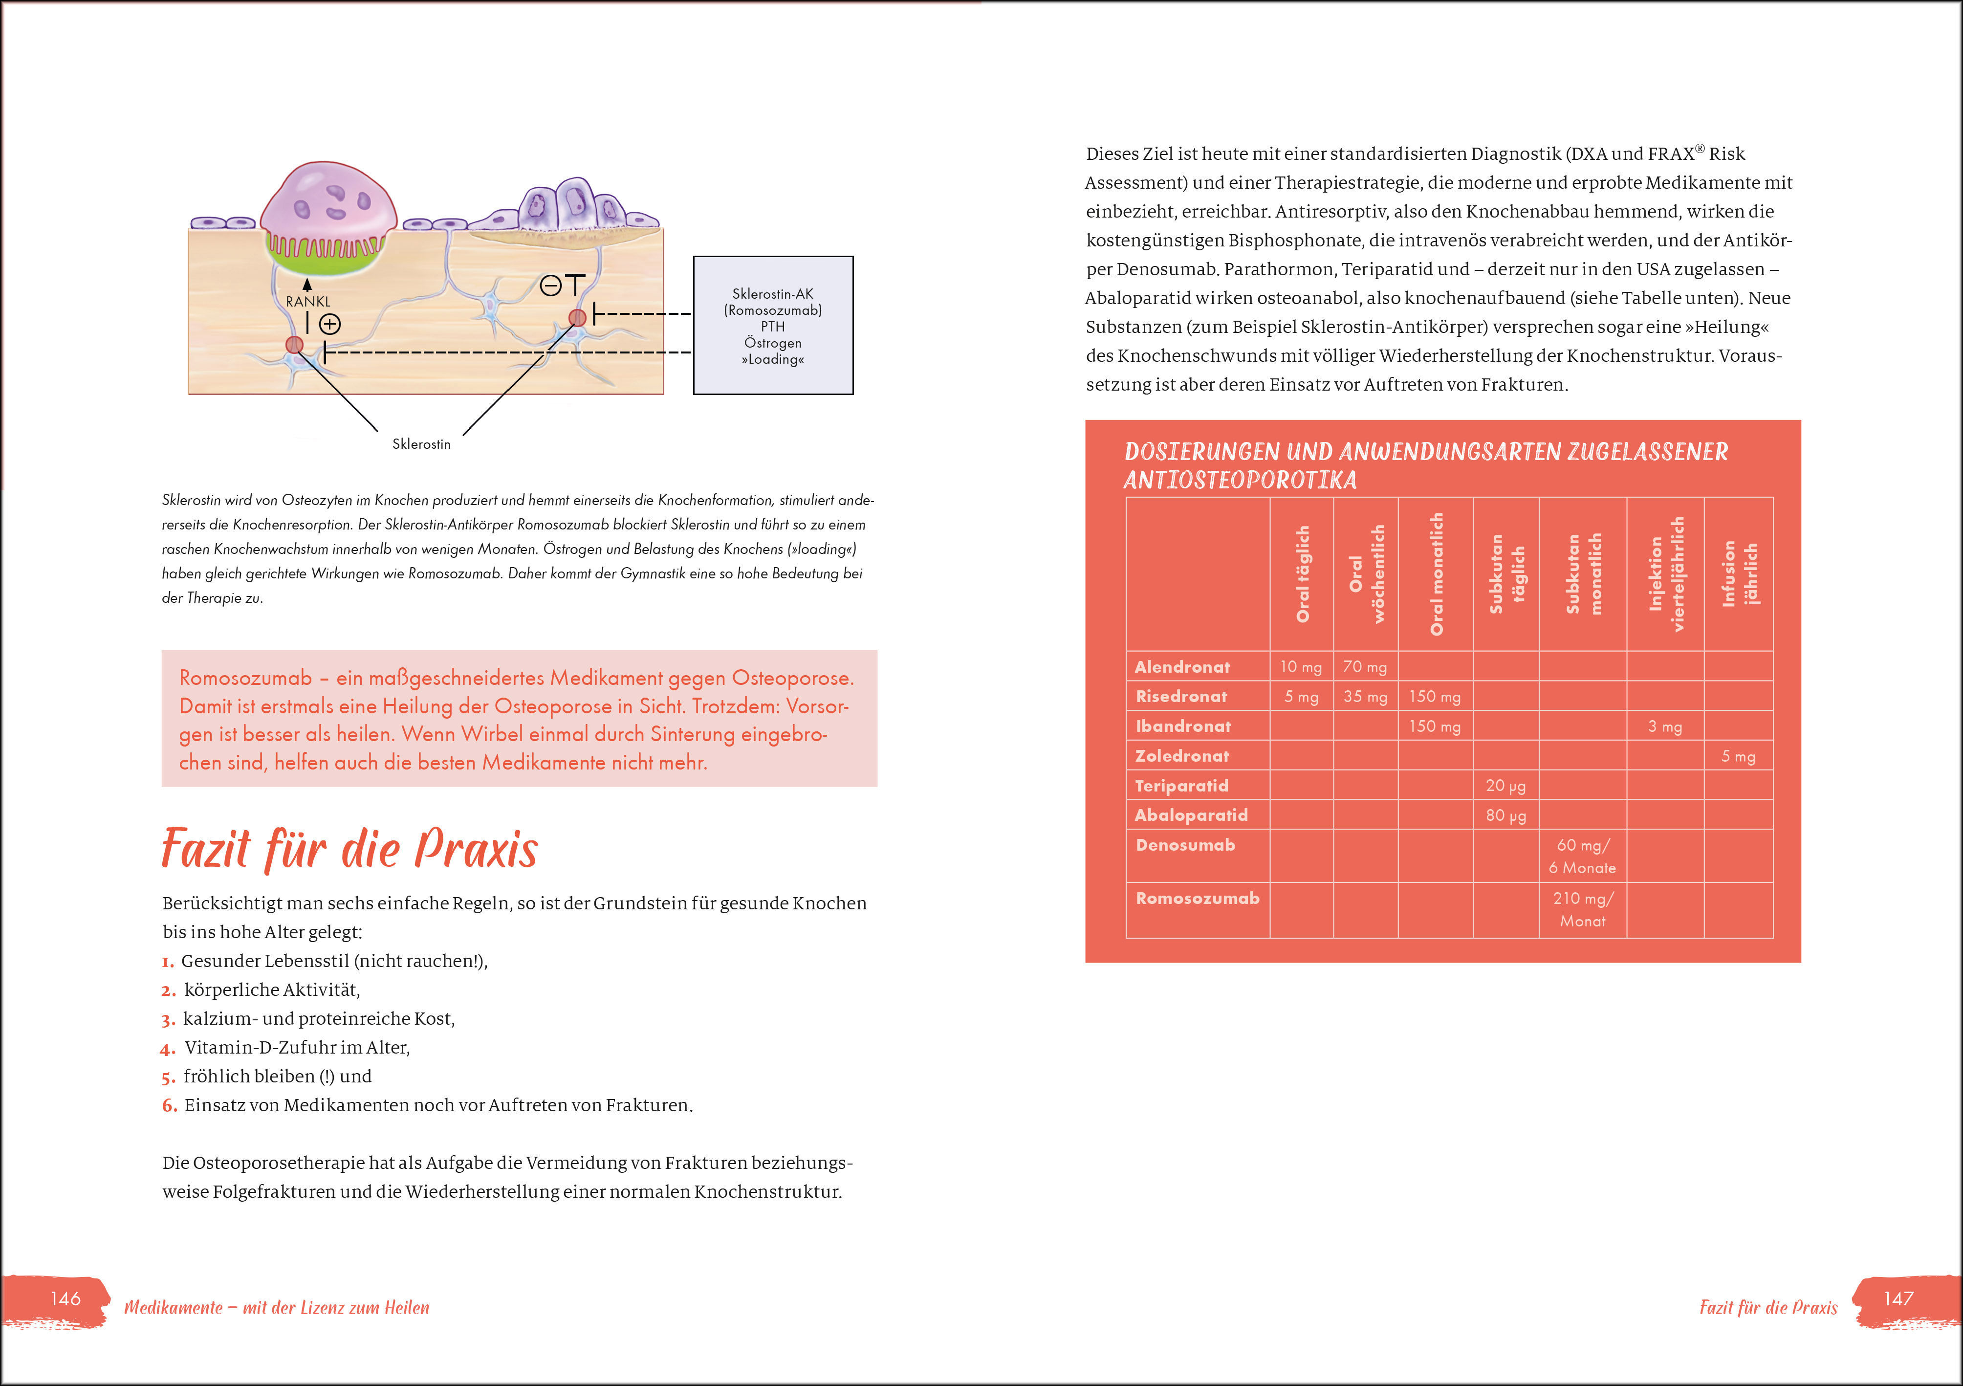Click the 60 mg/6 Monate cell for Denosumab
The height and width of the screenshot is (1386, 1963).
(x=1583, y=856)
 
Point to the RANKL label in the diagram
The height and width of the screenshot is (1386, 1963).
(x=308, y=302)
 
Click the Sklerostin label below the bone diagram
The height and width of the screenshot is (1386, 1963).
(x=421, y=444)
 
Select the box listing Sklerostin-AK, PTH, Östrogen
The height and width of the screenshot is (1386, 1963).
(x=773, y=326)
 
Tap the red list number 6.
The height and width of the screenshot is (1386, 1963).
(x=169, y=1105)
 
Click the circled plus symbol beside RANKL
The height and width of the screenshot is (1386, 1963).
(x=330, y=324)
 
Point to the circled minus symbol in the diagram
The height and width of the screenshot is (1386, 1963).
(x=550, y=286)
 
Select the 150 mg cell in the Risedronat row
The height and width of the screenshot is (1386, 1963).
(x=1435, y=697)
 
